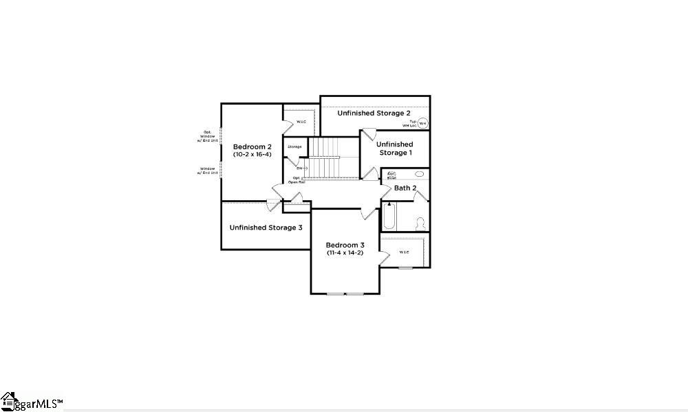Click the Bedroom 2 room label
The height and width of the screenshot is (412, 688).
coord(252,147)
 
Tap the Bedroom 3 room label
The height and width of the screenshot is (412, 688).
coord(345,245)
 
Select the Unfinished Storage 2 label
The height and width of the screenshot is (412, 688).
coord(374,113)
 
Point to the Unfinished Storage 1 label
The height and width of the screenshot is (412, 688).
coord(395,149)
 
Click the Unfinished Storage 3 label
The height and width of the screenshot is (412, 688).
coord(266,227)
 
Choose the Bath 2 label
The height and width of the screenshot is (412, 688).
coord(405,188)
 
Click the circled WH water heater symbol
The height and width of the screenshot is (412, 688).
coord(423,123)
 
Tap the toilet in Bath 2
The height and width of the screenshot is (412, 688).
coord(420,223)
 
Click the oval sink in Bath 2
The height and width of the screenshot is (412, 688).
coord(419,174)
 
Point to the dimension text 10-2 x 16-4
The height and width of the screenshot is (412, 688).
coord(252,155)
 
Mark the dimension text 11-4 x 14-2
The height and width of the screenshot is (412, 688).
coord(345,253)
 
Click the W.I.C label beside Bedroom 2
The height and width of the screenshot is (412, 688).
coord(301,122)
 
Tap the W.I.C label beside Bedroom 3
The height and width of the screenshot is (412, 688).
coord(404,252)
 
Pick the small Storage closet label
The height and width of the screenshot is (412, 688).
coord(294,147)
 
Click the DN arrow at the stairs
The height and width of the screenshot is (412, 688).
coord(301,168)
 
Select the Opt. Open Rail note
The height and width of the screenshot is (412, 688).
coord(297,180)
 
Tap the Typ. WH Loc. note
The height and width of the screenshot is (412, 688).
coord(410,124)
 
